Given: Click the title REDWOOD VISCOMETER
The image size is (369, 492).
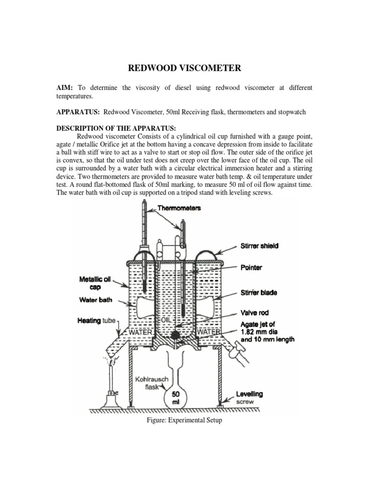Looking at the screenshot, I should tap(184, 68).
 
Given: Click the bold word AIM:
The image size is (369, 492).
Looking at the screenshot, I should tap(64, 88).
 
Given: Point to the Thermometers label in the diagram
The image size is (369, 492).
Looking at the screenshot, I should tap(180, 208).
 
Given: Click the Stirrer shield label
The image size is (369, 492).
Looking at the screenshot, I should tap(259, 246).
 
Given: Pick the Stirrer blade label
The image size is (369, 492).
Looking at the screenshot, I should tap(259, 292).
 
